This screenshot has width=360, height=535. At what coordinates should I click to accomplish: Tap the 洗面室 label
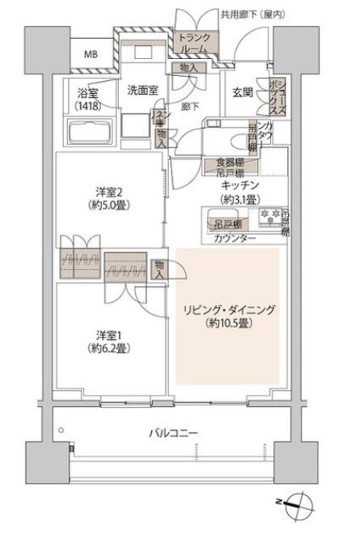coord(142,91)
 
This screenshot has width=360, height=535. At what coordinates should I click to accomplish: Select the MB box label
coord(88,55)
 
